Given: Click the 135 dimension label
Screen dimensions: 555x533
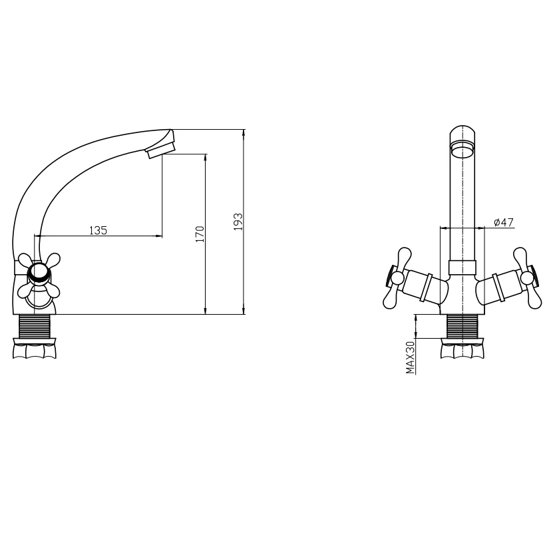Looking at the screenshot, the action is pos(98,230).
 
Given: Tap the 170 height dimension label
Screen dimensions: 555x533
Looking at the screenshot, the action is pos(200,234).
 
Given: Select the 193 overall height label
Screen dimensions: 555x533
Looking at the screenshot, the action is pos(238,222).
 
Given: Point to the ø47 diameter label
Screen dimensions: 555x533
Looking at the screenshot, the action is pos(503,222).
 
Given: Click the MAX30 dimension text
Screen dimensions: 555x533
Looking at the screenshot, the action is pos(410,358).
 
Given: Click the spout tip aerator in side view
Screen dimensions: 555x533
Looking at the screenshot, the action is pos(162,150).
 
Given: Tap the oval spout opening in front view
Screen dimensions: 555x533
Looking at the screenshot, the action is pos(462,148).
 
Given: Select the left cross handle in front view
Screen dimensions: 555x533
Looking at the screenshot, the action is pos(397,278).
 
